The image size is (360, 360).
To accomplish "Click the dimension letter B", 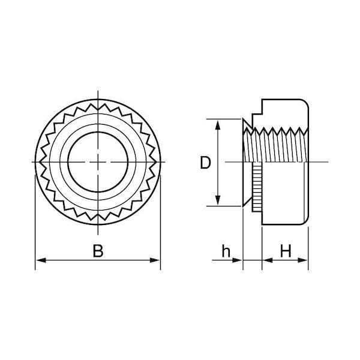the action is click(98, 251).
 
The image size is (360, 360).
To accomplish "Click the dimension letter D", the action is click(205, 163).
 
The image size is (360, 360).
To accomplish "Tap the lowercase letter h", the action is click(226, 251).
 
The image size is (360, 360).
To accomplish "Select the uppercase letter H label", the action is click(286, 251).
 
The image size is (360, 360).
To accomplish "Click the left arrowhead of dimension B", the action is click(41, 260).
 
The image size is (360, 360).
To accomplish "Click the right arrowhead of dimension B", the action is click(155, 260).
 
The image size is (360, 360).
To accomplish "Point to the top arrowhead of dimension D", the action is click(218, 125).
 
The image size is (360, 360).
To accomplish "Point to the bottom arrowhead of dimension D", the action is click(218, 200).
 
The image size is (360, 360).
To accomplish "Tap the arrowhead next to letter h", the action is click(238, 260).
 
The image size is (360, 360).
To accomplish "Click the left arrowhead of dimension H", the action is click(267, 260).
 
